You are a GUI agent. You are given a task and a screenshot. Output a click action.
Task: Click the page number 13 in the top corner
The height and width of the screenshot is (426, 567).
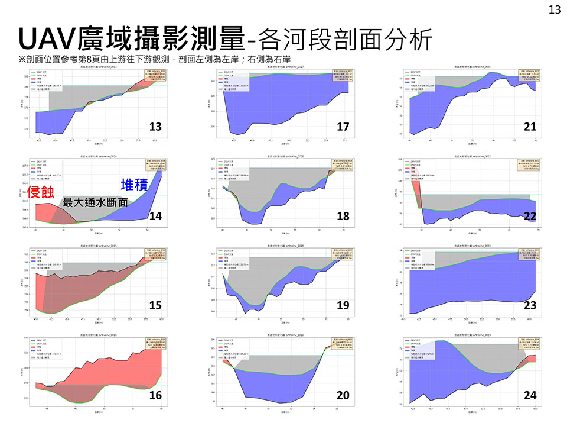tap(555, 9)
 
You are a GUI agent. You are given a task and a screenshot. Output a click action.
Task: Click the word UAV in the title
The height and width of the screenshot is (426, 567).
tap(44, 38)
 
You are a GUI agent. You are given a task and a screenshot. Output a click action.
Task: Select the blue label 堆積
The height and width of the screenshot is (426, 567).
tap(135, 184)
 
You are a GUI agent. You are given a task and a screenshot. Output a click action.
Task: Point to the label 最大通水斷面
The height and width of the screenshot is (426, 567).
tap(95, 202)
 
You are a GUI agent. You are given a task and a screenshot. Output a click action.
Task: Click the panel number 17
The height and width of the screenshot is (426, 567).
tap(343, 127)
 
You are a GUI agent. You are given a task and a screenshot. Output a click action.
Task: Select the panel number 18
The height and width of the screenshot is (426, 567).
tap(343, 217)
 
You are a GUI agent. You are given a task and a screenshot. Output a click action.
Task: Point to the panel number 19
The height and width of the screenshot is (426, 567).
tap(343, 305)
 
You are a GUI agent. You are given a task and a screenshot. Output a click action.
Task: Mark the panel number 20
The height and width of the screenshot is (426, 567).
tap(343, 395)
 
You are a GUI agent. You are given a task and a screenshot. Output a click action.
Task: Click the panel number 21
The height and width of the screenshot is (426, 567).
tap(530, 127)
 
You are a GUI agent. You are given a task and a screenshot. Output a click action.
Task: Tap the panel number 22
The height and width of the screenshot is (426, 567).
tap(530, 217)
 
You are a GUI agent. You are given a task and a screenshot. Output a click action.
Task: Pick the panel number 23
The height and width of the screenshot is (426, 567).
tap(530, 305)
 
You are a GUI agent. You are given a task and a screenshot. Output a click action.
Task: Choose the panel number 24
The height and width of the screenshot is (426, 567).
tap(530, 395)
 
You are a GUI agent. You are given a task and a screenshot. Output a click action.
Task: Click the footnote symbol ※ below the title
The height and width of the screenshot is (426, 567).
tap(22, 59)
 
